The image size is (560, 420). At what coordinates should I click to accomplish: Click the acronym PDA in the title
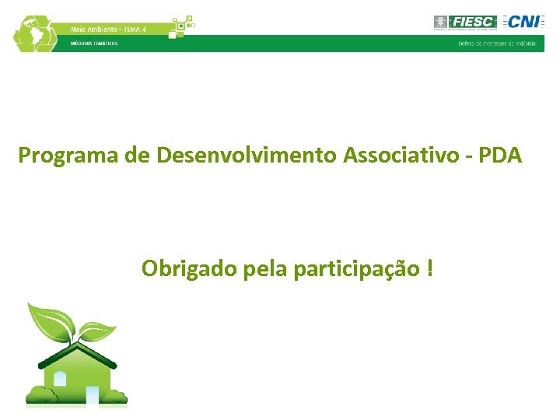(501, 156)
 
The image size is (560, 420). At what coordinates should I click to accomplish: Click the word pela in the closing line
(266, 269)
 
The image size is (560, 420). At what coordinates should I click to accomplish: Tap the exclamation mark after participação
(430, 269)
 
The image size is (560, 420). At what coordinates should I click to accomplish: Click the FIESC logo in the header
(465, 22)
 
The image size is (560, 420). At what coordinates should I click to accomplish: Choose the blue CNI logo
(523, 22)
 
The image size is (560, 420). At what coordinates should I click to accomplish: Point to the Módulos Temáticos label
(94, 44)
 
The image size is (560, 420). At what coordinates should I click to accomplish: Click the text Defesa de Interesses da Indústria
(497, 44)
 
